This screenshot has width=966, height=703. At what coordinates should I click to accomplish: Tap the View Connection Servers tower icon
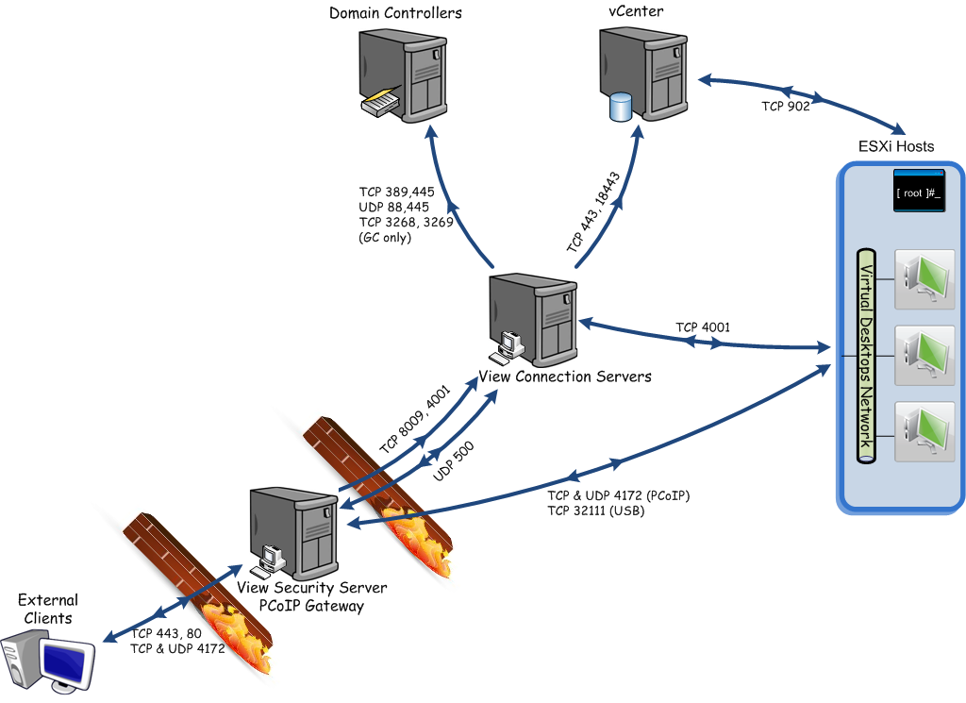point(534,320)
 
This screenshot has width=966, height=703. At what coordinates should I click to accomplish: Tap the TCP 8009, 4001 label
point(415,419)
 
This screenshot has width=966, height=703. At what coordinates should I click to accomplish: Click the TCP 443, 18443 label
point(593,213)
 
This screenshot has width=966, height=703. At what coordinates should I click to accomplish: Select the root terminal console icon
point(918,192)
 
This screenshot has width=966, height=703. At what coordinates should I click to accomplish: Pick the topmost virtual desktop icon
point(924,279)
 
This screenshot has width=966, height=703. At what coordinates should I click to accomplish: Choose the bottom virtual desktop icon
point(924,431)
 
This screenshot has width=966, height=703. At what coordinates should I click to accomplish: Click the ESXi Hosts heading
point(895,146)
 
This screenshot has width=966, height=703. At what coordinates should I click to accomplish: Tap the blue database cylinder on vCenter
point(621,107)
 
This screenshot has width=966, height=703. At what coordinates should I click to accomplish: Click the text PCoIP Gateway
point(311,606)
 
